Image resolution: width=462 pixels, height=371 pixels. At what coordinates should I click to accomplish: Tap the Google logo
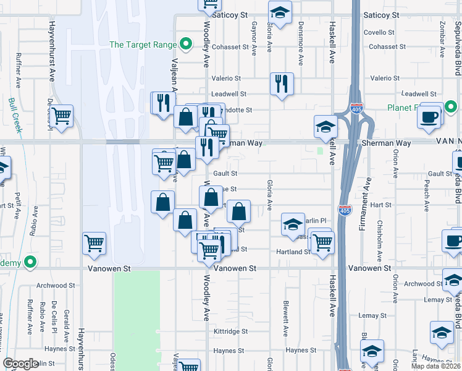pos(20,364)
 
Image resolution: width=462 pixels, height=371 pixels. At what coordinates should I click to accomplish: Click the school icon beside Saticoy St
pos(280,12)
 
